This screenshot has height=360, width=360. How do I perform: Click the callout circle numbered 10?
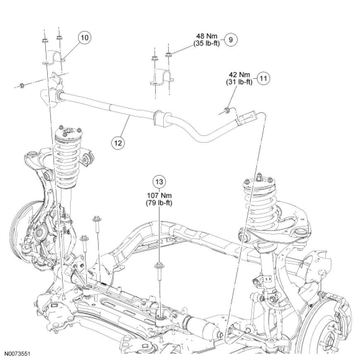(84, 38)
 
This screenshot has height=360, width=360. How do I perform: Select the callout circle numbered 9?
(231, 40)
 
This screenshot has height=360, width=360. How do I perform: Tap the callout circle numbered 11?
(263, 78)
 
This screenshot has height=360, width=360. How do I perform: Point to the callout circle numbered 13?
(159, 181)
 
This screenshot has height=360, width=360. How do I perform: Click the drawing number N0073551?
(18, 354)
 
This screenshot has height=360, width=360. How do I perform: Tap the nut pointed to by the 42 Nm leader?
(227, 110)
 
